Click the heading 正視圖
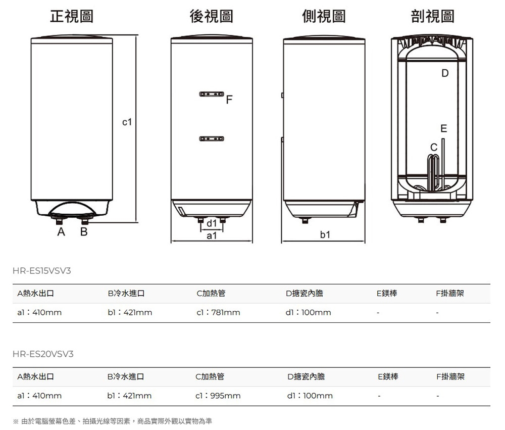click(71, 16)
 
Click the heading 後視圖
click(211, 16)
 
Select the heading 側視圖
click(324, 16)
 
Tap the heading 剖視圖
click(433, 16)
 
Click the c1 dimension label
click(127, 122)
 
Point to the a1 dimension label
click(212, 235)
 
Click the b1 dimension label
click(325, 235)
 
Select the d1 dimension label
click(212, 223)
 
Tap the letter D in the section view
click(444, 74)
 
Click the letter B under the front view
click(84, 232)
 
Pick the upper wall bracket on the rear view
click(212, 95)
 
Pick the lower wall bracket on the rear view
click(212, 138)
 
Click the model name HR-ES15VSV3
click(42, 271)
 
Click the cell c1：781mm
click(218, 313)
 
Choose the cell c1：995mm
click(218, 396)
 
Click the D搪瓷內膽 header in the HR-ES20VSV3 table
click(306, 376)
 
